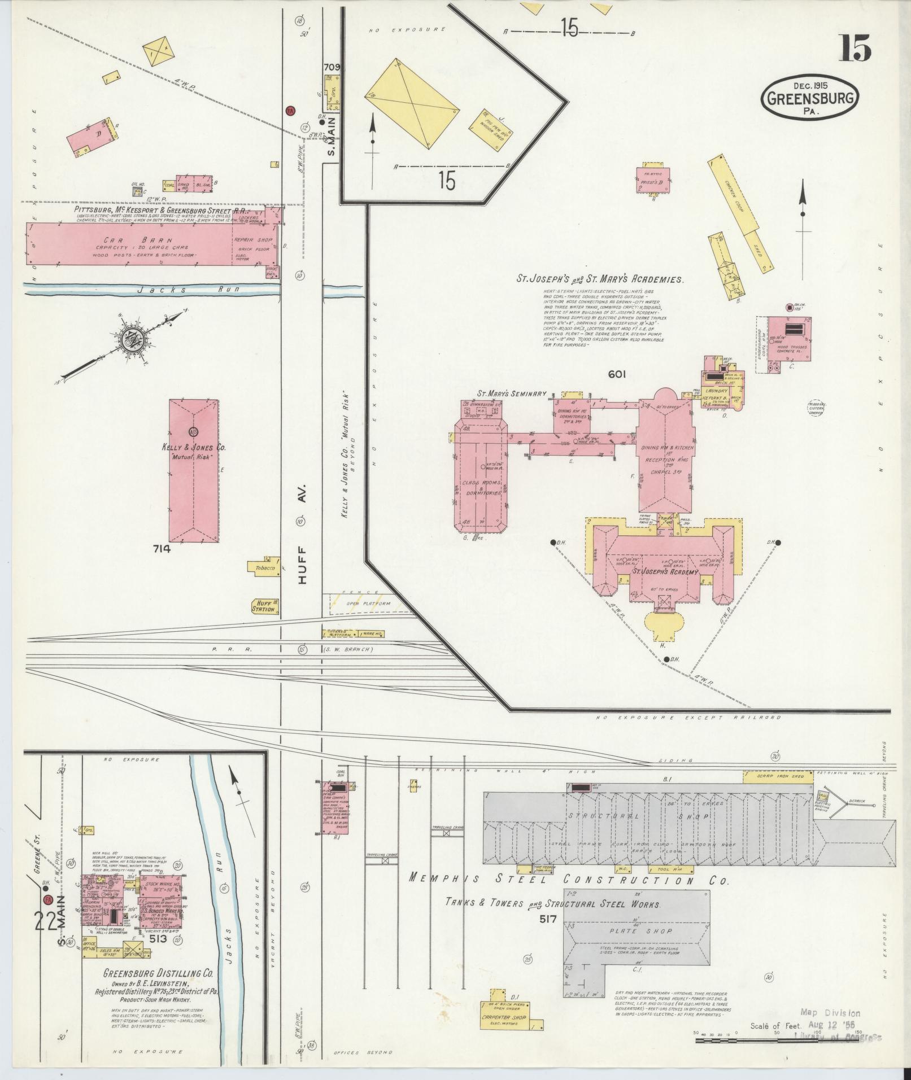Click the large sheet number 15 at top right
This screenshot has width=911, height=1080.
click(855, 49)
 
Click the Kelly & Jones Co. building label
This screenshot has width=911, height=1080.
click(194, 447)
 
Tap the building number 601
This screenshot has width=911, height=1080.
click(617, 373)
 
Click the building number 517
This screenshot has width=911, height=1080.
click(548, 919)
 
